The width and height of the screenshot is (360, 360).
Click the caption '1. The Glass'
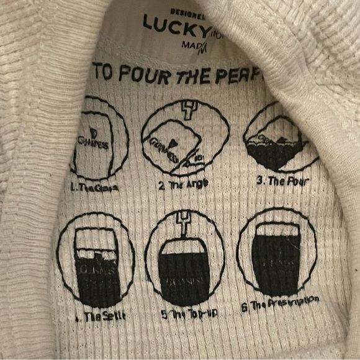94,184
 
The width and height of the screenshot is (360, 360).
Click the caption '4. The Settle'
99,315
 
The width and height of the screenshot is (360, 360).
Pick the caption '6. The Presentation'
280,303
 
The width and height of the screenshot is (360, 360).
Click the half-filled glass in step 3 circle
273,149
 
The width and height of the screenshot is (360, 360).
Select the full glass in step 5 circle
184,273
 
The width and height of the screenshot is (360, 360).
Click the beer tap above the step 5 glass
184,220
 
